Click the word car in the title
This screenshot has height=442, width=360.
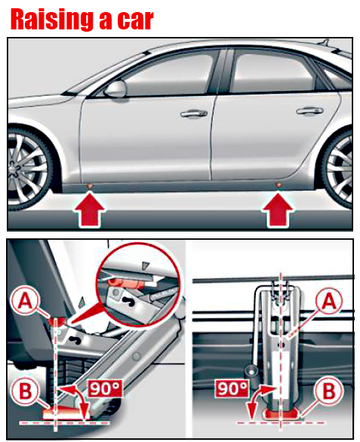click(135, 20)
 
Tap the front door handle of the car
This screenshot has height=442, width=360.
click(194, 113)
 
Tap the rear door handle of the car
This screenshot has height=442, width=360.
click(309, 111)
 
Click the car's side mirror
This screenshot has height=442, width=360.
click(115, 88)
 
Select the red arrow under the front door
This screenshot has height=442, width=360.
click(89, 209)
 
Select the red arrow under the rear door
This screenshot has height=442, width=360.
click(278, 210)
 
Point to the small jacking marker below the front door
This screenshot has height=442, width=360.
click(90, 186)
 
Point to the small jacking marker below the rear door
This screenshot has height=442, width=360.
click(278, 185)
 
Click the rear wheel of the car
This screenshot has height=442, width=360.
click(339, 168)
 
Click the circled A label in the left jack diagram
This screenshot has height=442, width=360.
click(25, 302)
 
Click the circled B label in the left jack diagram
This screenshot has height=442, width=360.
click(25, 391)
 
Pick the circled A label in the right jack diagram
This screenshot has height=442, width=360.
click(329, 302)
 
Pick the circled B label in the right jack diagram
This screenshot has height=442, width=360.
click(329, 391)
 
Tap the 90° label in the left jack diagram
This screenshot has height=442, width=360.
click(105, 388)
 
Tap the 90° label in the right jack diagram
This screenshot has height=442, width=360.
click(232, 388)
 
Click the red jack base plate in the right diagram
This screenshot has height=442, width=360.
click(281, 414)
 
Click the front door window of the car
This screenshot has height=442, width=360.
click(167, 74)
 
